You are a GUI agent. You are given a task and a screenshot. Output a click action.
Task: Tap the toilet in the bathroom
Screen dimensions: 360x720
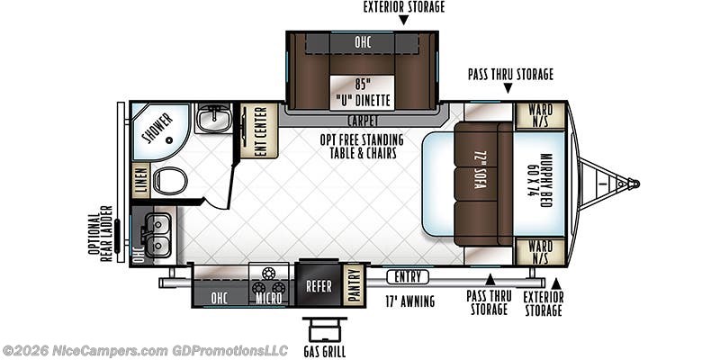coord(169,182)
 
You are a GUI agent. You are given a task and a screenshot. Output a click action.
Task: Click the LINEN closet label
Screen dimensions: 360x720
coord(140,180)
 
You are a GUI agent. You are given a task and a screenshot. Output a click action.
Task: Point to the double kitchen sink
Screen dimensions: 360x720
coord(155,230)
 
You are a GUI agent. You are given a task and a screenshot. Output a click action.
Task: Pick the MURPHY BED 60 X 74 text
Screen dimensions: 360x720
coord(539,184)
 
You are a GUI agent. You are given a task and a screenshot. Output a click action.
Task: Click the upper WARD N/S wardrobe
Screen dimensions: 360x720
coord(540,115)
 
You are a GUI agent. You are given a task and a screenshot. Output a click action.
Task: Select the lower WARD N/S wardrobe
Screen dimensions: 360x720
coord(540,252)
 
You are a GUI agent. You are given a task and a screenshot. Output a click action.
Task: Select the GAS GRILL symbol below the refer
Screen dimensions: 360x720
coord(323,329)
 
